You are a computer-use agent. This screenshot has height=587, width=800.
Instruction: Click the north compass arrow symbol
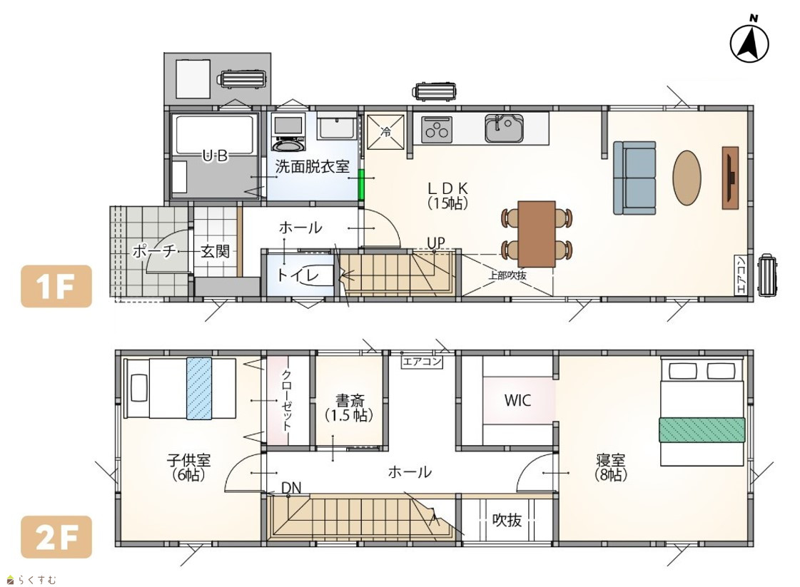click(x=749, y=44)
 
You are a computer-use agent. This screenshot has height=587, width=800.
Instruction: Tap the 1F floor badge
click(x=56, y=286)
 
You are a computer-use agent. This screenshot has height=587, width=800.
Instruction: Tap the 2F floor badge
click(x=56, y=537)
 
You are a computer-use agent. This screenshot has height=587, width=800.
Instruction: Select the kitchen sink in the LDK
click(x=504, y=128)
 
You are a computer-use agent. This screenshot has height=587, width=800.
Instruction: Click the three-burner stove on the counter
click(x=437, y=129)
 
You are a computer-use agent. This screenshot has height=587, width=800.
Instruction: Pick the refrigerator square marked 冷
click(x=385, y=131)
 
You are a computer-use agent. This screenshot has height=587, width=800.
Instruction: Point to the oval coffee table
click(x=687, y=177)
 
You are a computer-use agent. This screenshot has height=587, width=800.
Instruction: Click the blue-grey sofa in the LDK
click(x=634, y=178)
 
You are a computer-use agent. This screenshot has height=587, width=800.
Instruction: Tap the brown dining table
click(x=536, y=233)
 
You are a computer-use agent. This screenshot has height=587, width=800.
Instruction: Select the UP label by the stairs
click(x=436, y=243)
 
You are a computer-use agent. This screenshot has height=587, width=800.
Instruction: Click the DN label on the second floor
click(x=291, y=488)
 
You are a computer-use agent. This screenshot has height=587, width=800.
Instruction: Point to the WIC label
click(x=518, y=400)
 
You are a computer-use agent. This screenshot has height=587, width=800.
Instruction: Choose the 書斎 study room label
click(x=350, y=400)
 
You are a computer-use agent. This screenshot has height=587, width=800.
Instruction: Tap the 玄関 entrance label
click(x=215, y=251)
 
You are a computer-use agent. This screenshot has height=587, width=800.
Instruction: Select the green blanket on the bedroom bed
click(x=702, y=430)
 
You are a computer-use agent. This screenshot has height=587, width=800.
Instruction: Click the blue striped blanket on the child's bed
click(x=199, y=389)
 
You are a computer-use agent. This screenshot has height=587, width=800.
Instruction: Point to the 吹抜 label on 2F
click(x=507, y=520)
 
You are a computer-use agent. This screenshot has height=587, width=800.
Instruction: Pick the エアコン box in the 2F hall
click(x=422, y=362)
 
